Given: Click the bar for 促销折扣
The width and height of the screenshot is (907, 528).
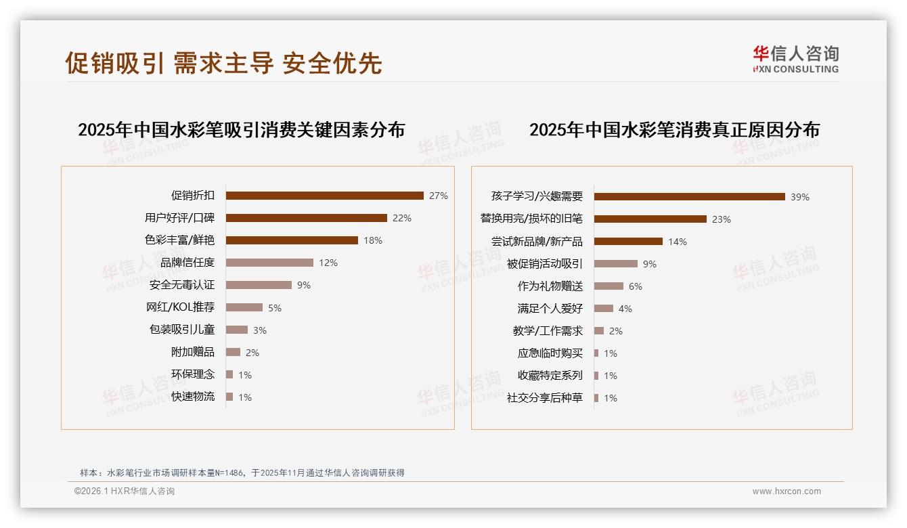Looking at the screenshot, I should [324, 196].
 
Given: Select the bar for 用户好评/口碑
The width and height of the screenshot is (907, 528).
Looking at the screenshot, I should [306, 218].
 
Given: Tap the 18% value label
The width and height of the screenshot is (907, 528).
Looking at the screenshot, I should [373, 240].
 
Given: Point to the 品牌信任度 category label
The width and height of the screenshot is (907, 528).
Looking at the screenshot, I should [187, 263].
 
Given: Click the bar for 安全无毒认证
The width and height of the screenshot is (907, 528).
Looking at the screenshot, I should [259, 285].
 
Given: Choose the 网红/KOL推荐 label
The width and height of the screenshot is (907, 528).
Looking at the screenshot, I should [181, 307].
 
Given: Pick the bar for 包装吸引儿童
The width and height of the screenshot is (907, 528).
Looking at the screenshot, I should [237, 330].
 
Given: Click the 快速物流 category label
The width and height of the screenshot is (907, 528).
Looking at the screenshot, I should [193, 397].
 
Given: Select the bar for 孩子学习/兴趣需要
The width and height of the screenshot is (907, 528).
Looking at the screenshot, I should [689, 196].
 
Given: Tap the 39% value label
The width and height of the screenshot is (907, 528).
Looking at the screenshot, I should [800, 197].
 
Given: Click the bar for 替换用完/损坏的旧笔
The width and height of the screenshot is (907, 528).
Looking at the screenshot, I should [650, 219].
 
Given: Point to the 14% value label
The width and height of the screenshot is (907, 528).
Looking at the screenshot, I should [678, 242].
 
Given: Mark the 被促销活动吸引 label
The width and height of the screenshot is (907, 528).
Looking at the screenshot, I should [545, 264].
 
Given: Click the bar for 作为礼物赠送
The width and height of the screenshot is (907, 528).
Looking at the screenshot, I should [609, 286].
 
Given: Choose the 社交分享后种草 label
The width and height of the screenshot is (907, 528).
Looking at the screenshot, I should [545, 398].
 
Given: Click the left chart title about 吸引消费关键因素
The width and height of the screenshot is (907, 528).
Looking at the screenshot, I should [241, 130].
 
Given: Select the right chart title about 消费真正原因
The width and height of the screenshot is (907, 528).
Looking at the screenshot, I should [674, 130].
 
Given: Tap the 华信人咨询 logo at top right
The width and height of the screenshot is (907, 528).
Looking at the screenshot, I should [795, 60].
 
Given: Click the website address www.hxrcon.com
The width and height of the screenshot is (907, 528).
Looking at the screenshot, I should [787, 491].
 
